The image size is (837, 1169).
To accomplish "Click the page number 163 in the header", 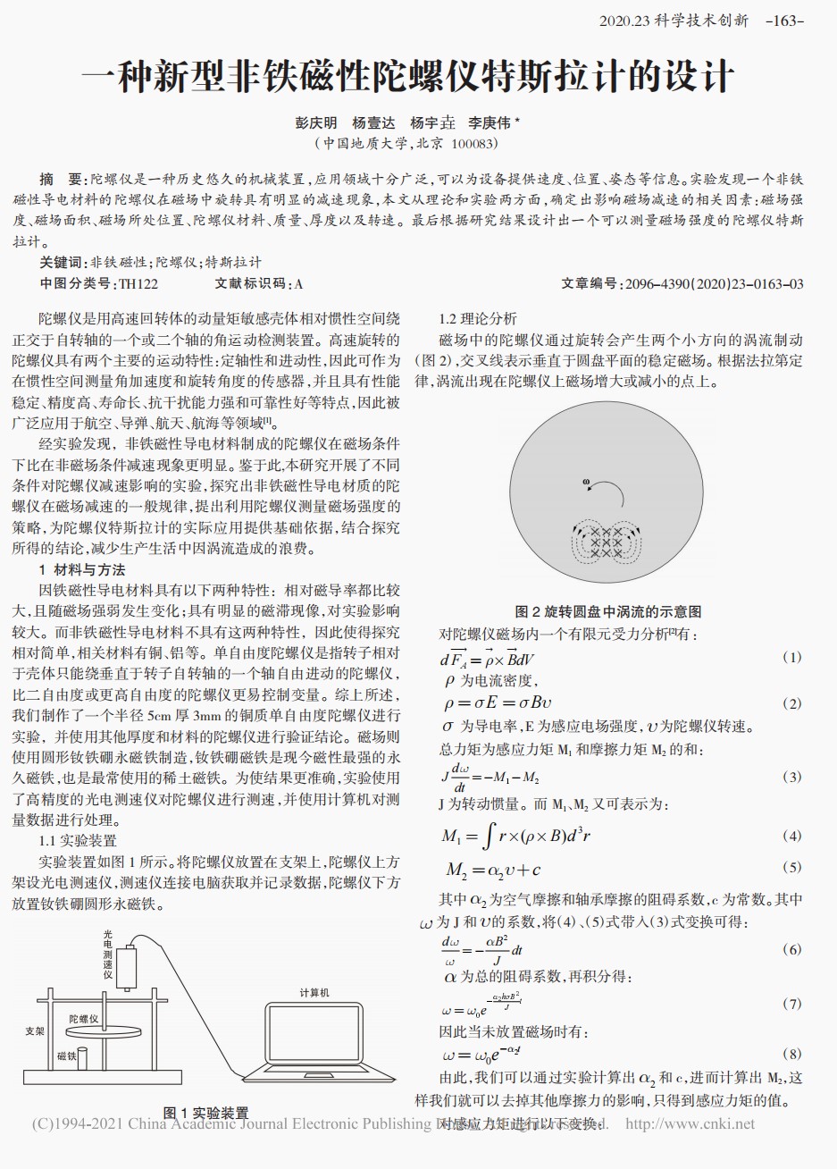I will click(x=785, y=20).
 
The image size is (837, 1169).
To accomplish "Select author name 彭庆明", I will click(x=316, y=123).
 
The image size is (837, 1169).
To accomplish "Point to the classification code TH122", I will click(x=138, y=284).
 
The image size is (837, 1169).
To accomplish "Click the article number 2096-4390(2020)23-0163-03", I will click(x=714, y=284).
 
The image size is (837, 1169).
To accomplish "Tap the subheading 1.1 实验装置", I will click(x=78, y=841).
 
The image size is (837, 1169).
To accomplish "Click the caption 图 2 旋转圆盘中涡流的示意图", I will click(x=608, y=611).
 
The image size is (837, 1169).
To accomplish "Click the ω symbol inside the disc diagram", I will click(x=586, y=483).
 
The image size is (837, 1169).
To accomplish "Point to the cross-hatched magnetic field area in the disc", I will click(x=606, y=542).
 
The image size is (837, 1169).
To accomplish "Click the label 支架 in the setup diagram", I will click(x=35, y=1030).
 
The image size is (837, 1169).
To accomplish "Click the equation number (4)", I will click(x=791, y=837).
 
